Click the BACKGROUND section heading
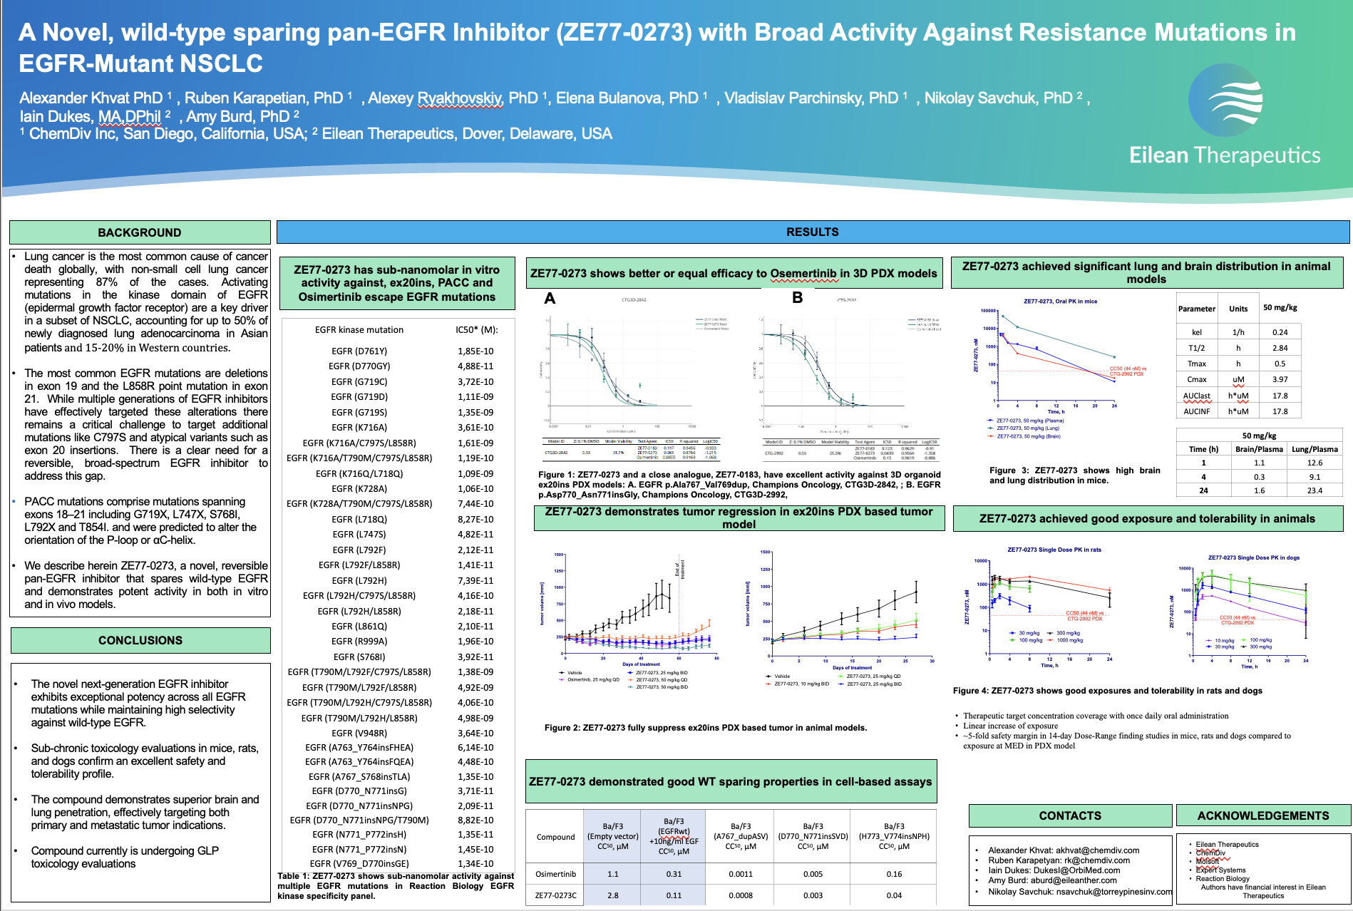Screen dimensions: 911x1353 tap(140, 232)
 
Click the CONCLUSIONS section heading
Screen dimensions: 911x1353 tap(140, 640)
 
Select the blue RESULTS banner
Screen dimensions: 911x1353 tap(812, 232)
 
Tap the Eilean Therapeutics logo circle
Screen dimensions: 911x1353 tap(1226, 100)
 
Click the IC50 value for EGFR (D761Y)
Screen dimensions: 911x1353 tap(475, 351)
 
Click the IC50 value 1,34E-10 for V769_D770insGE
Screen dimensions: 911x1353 tap(475, 863)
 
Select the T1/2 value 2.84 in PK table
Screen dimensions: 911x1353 tap(1280, 348)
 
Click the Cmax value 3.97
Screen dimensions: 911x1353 tap(1280, 379)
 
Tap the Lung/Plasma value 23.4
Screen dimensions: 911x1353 tap(1315, 490)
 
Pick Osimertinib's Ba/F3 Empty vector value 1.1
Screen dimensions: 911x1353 tap(612, 874)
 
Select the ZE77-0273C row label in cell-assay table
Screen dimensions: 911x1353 tap(556, 895)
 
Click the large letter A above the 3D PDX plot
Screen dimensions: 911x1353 tap(550, 298)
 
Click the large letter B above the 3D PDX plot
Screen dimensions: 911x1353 tap(798, 297)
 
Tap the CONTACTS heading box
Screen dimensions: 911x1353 tap(1069, 815)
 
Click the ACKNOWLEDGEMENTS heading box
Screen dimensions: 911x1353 tap(1262, 815)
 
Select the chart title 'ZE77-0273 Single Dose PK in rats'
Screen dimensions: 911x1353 tap(1054, 550)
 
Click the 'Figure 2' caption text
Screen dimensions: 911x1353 tap(705, 728)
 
